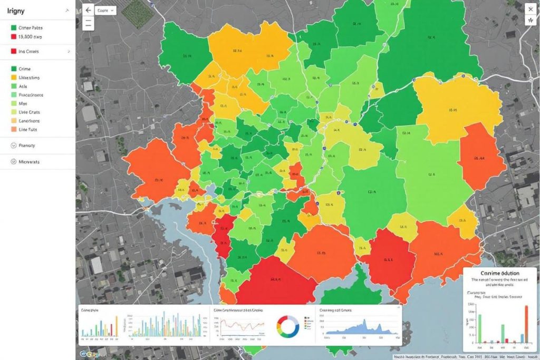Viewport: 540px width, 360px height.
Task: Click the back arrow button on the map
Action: tap(88, 9)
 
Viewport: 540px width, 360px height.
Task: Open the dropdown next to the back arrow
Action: tap(105, 10)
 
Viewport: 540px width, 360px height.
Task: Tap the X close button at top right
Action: tap(530, 9)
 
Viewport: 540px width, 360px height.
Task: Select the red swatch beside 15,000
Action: tap(13, 37)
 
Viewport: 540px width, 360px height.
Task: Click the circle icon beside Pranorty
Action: tap(13, 145)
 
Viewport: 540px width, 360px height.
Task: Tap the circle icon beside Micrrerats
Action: tap(13, 162)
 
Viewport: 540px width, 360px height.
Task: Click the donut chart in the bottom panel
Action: tap(288, 327)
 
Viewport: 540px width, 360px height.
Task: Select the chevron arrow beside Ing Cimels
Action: tap(69, 52)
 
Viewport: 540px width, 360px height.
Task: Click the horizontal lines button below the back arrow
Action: tap(88, 23)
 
